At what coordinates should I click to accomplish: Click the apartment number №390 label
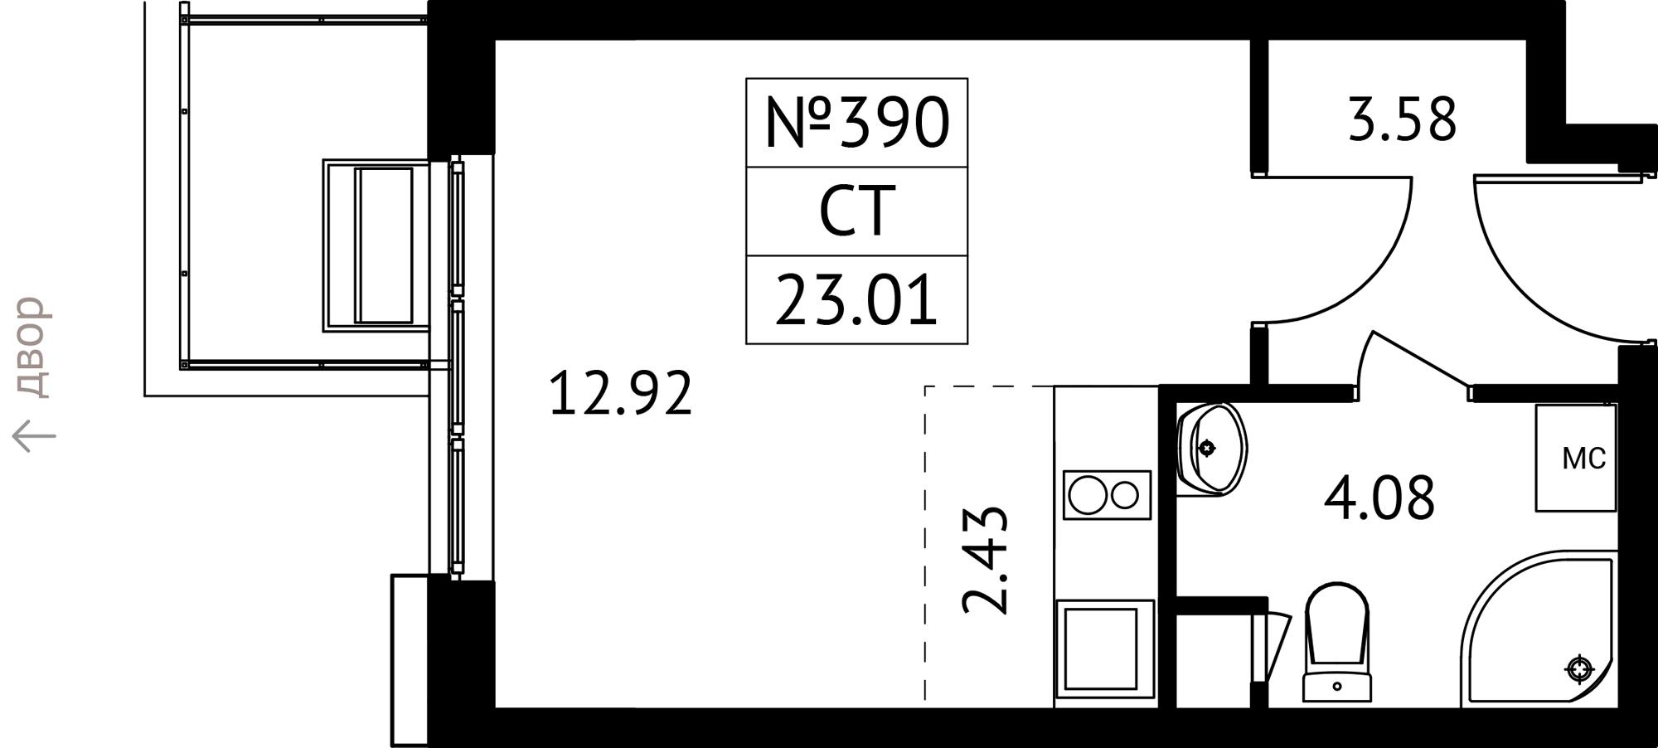(x=856, y=123)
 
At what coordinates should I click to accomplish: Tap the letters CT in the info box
(x=857, y=211)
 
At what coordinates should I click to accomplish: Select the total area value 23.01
(x=856, y=300)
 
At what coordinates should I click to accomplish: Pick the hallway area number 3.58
(x=1402, y=120)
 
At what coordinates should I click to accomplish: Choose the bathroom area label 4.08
(x=1379, y=498)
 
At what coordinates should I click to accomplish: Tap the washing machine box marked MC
(x=1575, y=458)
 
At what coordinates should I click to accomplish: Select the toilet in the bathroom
(x=1336, y=641)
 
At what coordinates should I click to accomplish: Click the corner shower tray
(x=1538, y=630)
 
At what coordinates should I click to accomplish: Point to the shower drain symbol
(x=1580, y=668)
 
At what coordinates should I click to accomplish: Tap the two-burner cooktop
(x=1107, y=495)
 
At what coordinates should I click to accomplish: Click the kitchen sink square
(x=1106, y=648)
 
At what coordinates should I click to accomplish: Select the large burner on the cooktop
(x=1088, y=495)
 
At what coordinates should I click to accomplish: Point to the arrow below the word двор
(x=34, y=436)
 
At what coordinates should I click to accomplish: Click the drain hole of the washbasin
(x=1208, y=449)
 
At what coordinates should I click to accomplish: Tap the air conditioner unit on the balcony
(x=377, y=245)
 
